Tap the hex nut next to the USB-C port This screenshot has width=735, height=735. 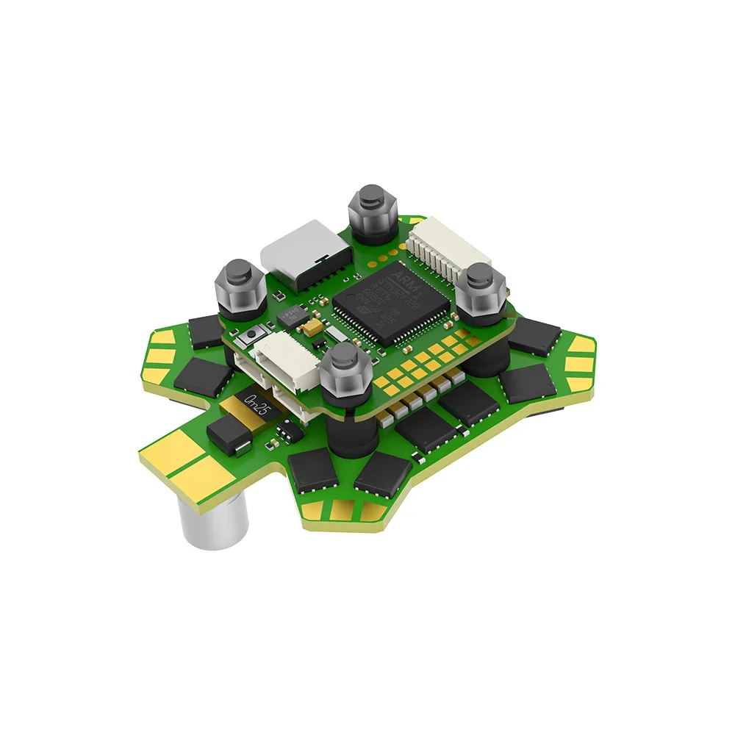[238, 287]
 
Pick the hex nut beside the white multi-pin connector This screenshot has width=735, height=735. [481, 290]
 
